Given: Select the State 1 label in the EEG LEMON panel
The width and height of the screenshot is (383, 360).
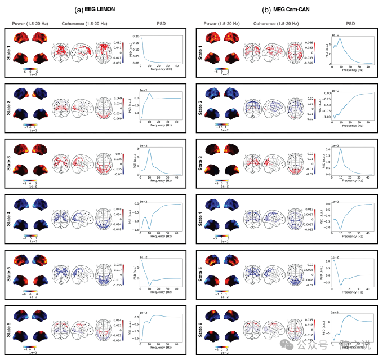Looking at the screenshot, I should pyautogui.click(x=9, y=54).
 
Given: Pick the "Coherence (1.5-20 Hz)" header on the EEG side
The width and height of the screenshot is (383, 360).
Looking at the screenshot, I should pyautogui.click(x=84, y=24).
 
